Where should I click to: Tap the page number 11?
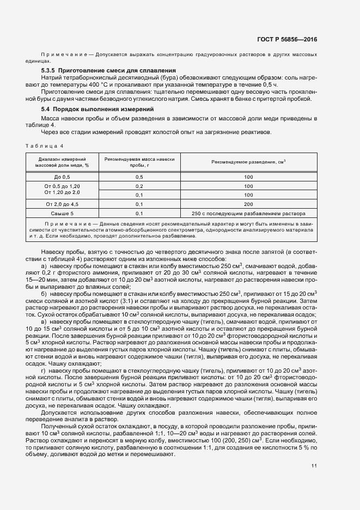point(314,465)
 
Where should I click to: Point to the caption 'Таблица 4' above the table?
point(45,145)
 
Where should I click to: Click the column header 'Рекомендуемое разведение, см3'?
point(248,162)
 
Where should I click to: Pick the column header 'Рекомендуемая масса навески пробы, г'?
point(139,162)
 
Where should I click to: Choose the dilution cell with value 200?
point(249,204)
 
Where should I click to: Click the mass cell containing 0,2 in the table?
point(139,186)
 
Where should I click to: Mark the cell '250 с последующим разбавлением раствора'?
point(249,213)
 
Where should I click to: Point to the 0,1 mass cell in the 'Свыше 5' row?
point(139,213)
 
